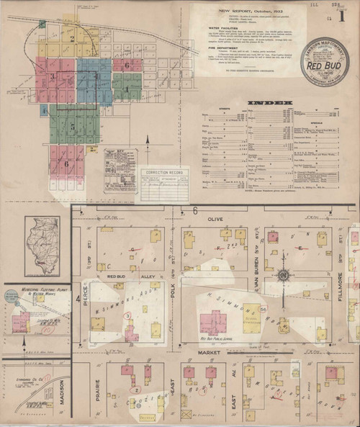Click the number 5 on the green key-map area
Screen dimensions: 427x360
click(x=72, y=126)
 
